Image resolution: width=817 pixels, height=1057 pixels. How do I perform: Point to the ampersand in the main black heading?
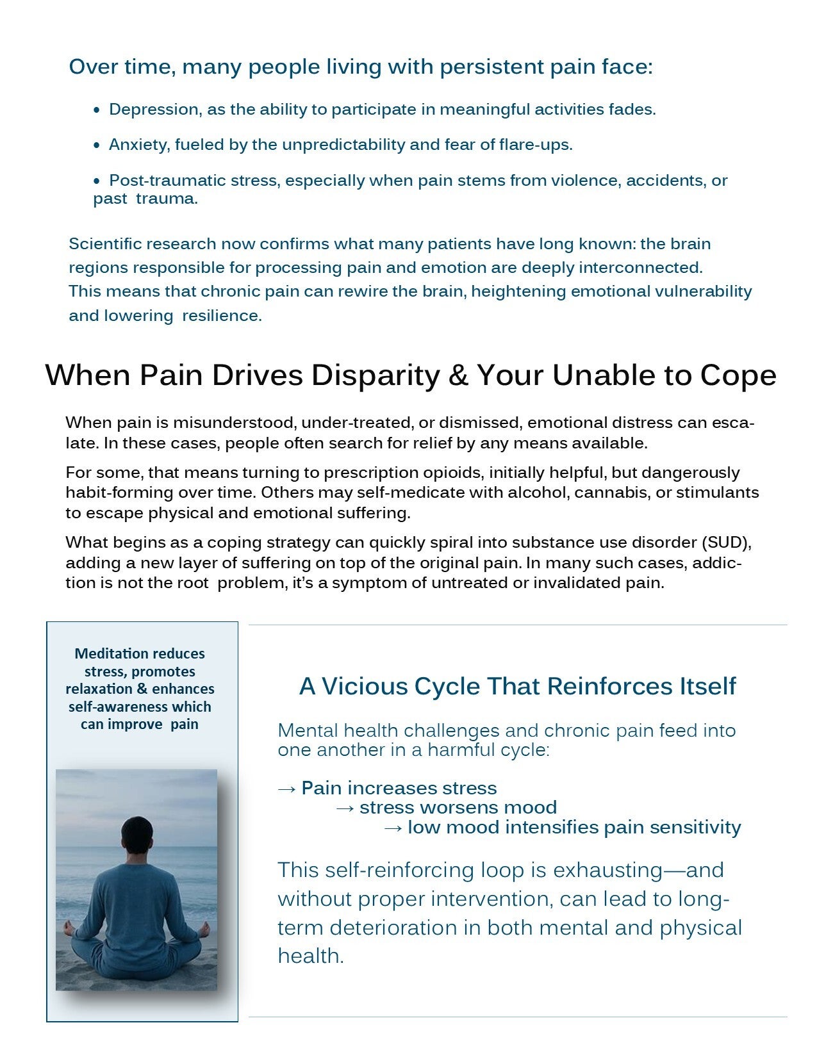pos(458,375)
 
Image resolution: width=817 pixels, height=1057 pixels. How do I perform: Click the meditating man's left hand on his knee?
pos(67,926)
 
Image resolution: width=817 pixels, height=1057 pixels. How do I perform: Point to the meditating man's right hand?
pos(206,926)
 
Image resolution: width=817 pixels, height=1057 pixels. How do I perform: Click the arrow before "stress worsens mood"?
pos(345,808)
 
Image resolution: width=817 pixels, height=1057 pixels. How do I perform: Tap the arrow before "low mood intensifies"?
pos(393,828)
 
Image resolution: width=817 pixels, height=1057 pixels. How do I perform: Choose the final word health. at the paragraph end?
pos(310,956)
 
